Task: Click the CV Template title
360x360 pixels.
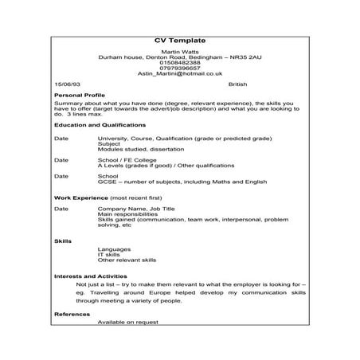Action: coord(179,40)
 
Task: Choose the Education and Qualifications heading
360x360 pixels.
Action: coord(100,125)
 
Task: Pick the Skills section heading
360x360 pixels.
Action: coord(62,239)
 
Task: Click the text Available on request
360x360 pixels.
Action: coord(127,322)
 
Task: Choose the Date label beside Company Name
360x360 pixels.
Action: coord(61,208)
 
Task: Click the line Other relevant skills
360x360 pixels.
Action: coord(126,260)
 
